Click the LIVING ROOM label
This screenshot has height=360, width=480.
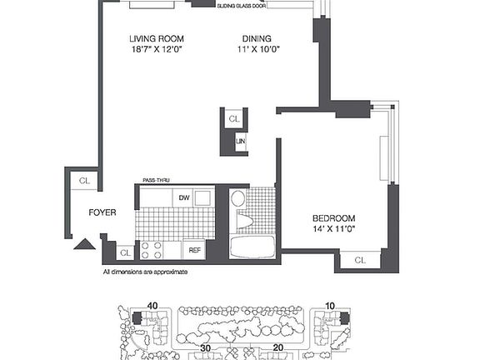click(157, 38)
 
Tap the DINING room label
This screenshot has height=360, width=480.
click(256, 38)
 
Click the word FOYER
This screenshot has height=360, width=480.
click(102, 212)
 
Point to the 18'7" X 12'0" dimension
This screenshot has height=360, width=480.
click(157, 49)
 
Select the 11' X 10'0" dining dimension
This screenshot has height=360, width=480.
click(257, 49)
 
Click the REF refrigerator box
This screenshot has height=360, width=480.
click(194, 249)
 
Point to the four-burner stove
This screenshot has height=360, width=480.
click(152, 249)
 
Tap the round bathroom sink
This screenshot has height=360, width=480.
click(237, 198)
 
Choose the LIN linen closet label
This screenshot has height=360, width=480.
click(241, 142)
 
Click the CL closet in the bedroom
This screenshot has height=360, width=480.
click(359, 261)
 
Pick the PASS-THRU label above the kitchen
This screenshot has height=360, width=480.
click(156, 179)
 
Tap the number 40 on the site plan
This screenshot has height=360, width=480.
click(152, 306)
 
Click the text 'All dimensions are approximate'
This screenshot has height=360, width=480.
click(145, 272)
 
